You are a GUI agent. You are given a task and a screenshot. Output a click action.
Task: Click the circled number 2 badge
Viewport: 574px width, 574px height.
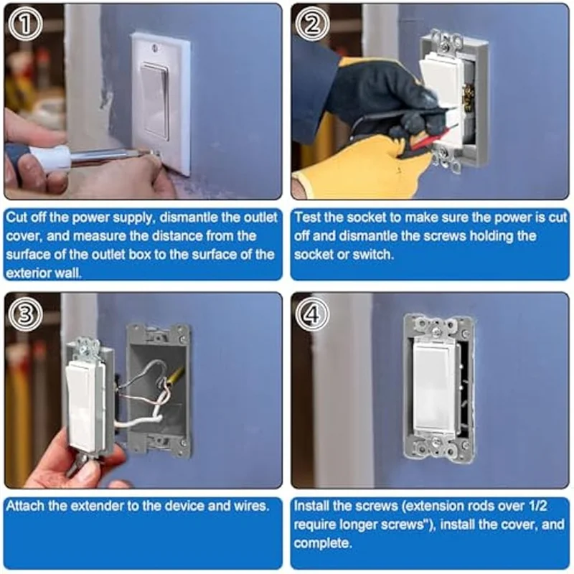click(312, 25)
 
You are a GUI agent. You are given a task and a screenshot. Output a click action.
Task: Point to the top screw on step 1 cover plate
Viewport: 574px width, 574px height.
click(156, 47)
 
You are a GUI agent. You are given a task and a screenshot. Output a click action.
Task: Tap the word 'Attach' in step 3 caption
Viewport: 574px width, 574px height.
click(25, 506)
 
